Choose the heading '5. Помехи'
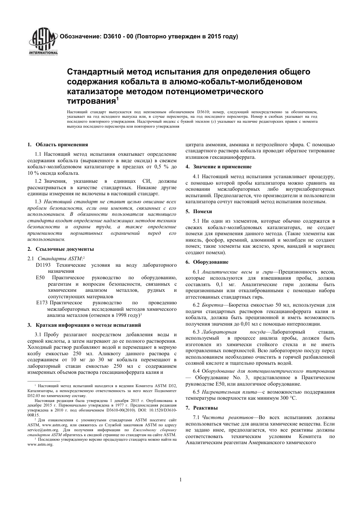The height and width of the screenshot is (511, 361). tap(199, 211)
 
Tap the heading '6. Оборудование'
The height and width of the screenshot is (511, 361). tap(207, 262)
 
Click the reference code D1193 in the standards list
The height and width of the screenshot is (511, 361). tap(43, 265)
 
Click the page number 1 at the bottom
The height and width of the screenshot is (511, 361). tap(181, 479)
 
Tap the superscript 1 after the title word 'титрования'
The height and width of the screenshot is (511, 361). tap(117, 99)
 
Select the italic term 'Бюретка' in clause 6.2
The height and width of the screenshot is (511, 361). tap(212, 305)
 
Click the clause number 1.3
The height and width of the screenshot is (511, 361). tap(38, 202)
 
